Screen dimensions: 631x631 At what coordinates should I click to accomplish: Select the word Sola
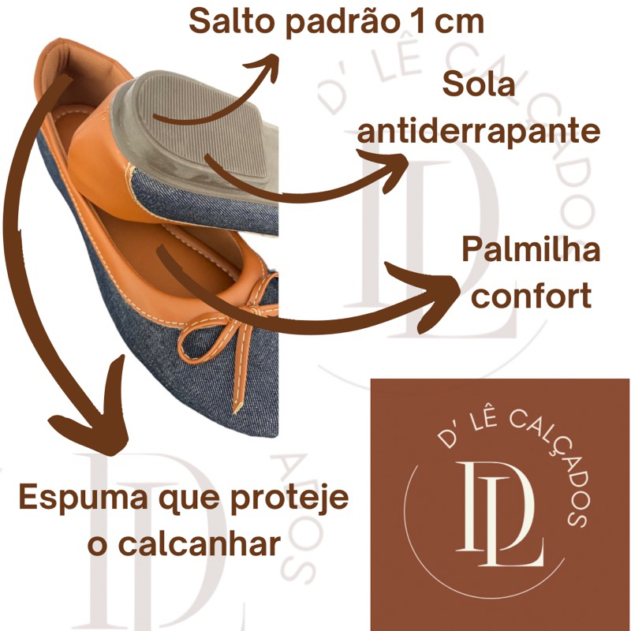tap(479, 84)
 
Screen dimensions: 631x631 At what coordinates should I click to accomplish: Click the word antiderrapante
tap(479, 131)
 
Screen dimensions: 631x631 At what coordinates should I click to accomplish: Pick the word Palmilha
tap(531, 249)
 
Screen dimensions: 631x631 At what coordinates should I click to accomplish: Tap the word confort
tap(531, 295)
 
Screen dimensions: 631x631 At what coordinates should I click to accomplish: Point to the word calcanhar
tap(199, 545)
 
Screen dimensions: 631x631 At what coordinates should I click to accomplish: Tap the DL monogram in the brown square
tap(500, 514)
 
